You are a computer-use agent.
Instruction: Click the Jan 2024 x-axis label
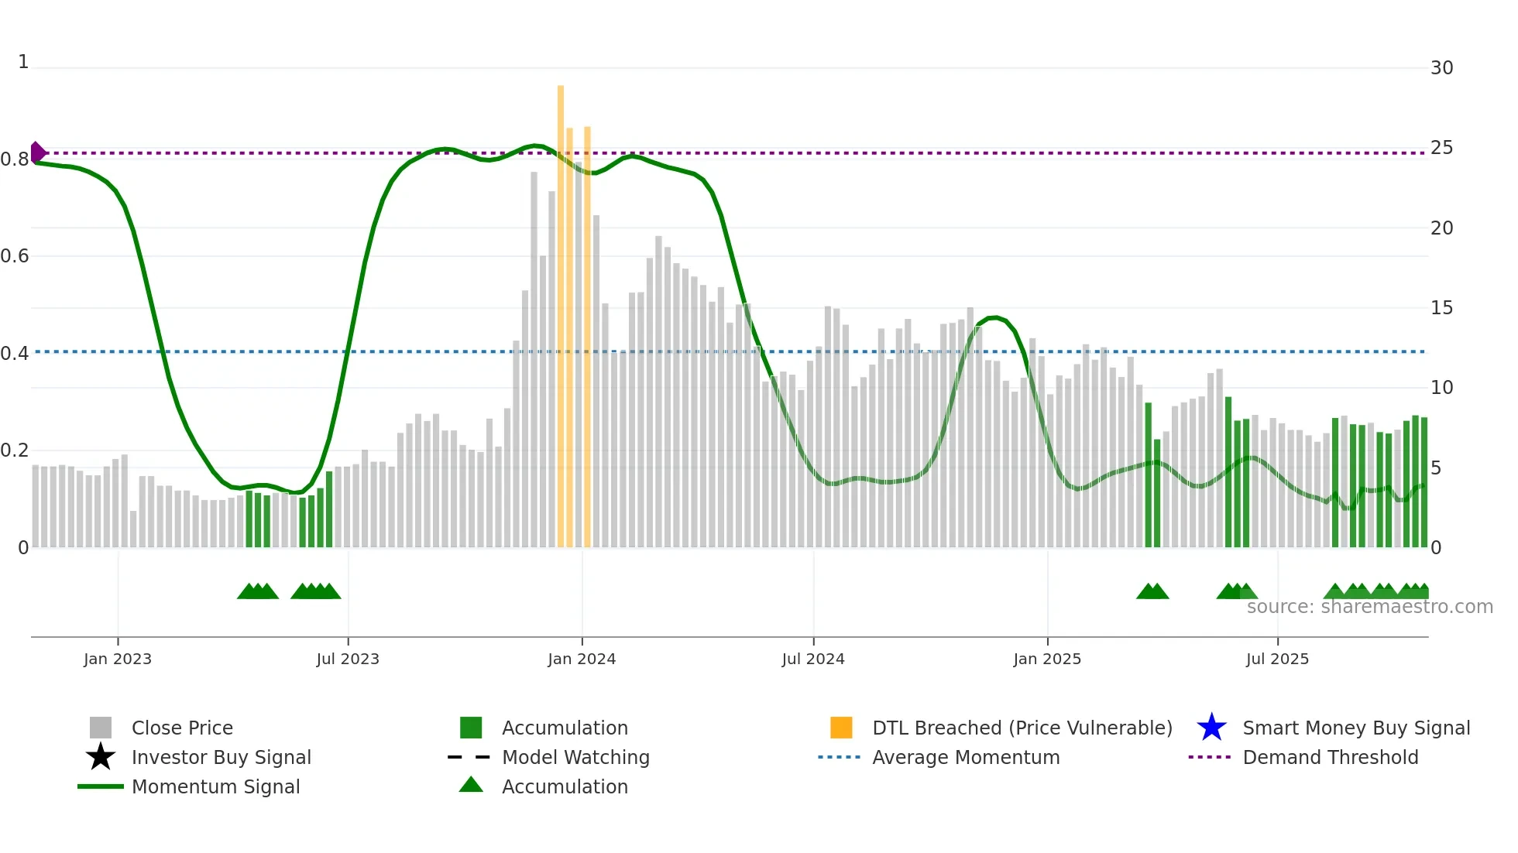pos(582,659)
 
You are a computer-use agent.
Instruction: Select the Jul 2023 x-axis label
pos(348,659)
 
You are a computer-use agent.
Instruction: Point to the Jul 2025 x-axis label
pos(1277,659)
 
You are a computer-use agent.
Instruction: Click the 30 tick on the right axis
pos(1441,68)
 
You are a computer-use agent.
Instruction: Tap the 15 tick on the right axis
pos(1441,308)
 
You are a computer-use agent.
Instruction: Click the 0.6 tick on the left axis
pos(15,256)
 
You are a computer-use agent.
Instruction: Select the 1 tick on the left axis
pos(23,62)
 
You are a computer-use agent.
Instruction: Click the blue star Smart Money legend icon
pos(1211,728)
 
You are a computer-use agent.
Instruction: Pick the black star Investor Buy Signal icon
pos(101,757)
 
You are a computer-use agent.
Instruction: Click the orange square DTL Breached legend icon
pos(841,728)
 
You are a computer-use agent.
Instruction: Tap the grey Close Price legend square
pos(101,728)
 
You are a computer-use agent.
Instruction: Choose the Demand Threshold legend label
pos(1330,757)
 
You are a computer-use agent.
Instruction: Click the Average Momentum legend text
pos(966,757)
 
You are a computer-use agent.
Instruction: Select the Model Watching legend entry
pos(575,757)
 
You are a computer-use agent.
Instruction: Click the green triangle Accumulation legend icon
pos(471,786)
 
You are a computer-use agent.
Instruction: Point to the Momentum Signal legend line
pos(101,786)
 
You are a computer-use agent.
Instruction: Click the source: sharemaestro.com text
pos(1369,607)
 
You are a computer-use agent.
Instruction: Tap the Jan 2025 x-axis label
pos(1047,659)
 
